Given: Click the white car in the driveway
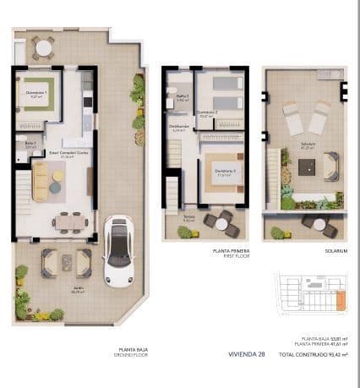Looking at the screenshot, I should tap(119, 251).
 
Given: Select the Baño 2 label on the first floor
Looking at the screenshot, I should tap(181, 97).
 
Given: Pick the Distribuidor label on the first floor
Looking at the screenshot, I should tap(179, 128).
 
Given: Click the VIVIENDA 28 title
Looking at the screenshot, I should tap(246, 353).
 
